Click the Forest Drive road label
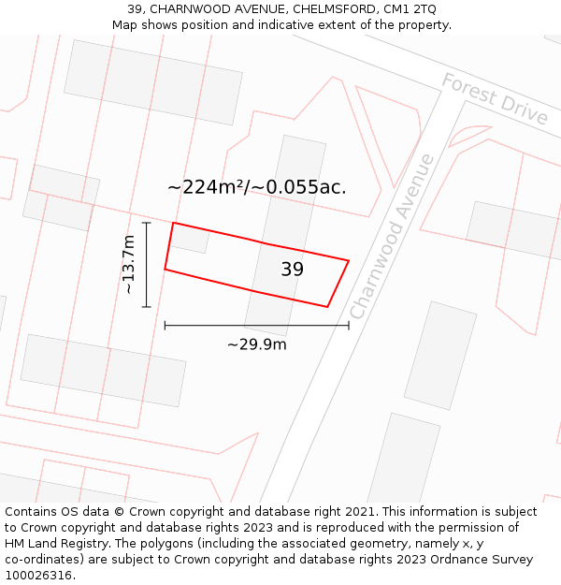click(495, 98)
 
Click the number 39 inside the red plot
click(293, 270)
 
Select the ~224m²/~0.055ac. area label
click(256, 187)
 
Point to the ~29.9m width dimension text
click(256, 344)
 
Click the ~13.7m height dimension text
click(129, 265)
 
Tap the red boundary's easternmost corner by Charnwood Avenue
click(349, 261)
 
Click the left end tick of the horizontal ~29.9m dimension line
click(165, 326)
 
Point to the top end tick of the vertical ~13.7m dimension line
click(146, 223)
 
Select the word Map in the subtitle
click(124, 25)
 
